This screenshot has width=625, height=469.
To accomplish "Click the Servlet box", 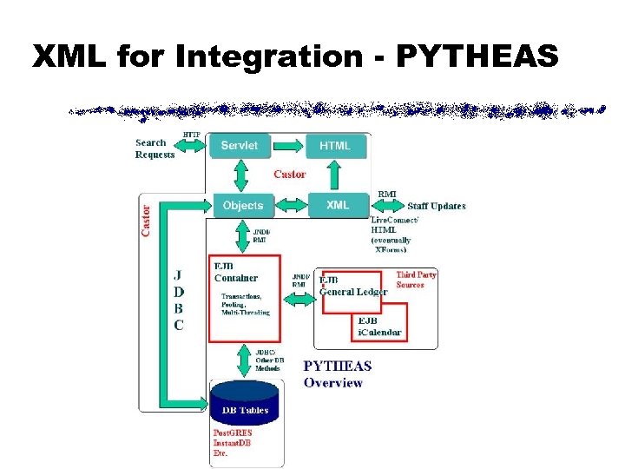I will [239, 145].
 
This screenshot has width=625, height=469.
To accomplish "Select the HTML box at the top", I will [334, 145].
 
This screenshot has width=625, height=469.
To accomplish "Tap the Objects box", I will [242, 205].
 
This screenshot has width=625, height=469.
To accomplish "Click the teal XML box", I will [337, 205].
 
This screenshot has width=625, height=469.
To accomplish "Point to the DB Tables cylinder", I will [244, 405].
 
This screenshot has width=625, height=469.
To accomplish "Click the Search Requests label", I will [155, 149].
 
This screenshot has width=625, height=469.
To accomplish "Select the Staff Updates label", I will [437, 206].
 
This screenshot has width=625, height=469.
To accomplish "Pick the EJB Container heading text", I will [236, 272].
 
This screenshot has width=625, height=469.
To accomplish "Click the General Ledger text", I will [353, 292].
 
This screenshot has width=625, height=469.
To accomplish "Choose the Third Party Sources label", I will [416, 280].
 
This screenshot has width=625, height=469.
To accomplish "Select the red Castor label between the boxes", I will [289, 175].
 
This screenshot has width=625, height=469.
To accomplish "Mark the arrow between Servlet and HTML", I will [286, 145].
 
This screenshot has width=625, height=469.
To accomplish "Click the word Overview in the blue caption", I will [332, 383].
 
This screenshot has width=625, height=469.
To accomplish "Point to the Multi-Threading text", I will [246, 312].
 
